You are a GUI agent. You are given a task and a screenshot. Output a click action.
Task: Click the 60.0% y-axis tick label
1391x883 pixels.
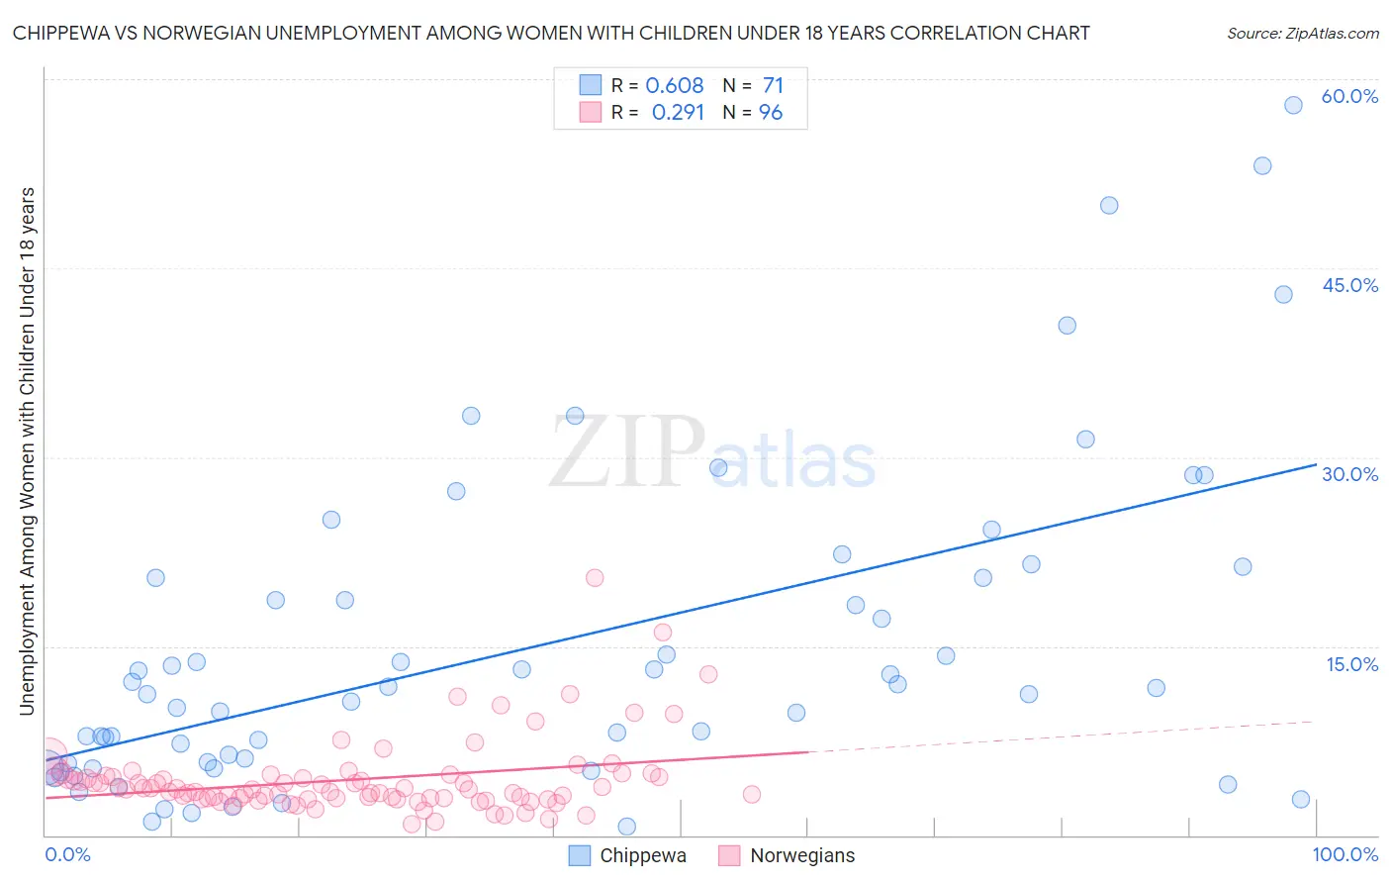[1349, 97]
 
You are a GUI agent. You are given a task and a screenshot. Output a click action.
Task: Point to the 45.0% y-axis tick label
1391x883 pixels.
[1349, 286]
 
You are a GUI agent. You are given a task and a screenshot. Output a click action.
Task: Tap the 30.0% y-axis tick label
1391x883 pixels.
[1349, 475]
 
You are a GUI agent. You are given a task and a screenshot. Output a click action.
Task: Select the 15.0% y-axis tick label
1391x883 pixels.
[1351, 664]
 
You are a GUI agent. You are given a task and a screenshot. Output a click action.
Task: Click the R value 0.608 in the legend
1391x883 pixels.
[675, 86]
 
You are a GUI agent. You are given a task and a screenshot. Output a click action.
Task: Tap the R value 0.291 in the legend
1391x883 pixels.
[678, 113]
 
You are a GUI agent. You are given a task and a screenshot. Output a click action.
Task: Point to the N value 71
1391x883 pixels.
[773, 86]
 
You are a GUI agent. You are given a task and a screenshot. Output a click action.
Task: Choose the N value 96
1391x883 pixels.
[771, 113]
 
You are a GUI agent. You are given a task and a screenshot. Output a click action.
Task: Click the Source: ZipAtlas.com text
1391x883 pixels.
[1302, 34]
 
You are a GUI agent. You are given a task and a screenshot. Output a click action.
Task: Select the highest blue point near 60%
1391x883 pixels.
[1293, 105]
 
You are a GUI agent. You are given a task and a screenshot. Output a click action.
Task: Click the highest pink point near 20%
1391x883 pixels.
[595, 578]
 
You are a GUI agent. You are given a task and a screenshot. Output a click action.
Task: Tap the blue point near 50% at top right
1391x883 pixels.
[1109, 206]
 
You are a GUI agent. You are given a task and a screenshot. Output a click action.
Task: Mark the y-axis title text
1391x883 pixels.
[27, 451]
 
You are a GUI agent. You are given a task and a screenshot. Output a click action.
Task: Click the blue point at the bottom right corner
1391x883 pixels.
[1301, 800]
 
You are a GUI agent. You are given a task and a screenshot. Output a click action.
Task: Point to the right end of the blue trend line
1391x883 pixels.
[1316, 464]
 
